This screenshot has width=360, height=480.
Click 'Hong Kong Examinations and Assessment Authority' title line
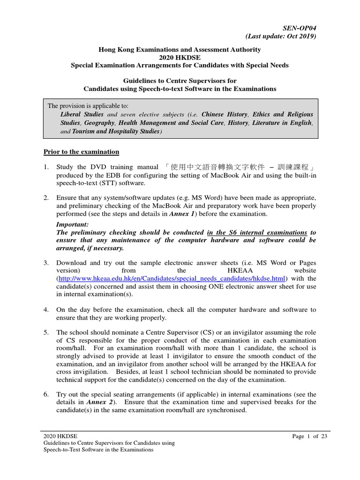coord(180,49)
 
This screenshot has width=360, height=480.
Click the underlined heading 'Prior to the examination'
coord(81,152)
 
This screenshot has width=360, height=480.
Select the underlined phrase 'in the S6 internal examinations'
coord(257,232)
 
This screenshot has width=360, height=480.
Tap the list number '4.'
coord(46,310)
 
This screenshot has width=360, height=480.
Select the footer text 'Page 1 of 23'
coord(305,436)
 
